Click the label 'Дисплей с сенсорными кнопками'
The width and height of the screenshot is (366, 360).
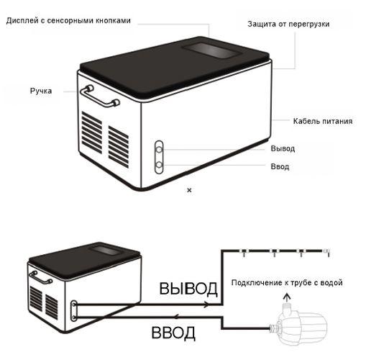[68, 20]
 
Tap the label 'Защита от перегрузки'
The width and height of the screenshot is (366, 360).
[288, 24]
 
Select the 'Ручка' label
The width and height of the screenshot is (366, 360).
[41, 91]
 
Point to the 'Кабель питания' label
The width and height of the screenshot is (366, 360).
[323, 121]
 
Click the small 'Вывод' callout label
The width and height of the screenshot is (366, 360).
[283, 148]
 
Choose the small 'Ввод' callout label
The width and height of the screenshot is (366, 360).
[280, 166]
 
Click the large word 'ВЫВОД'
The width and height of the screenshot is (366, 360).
[188, 288]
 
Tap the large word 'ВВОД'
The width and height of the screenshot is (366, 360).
[173, 333]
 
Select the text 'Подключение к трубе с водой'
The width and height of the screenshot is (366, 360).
[287, 283]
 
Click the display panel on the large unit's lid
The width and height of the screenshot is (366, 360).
[211, 50]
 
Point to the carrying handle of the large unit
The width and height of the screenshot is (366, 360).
[99, 96]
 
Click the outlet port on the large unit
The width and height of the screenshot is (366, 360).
[159, 150]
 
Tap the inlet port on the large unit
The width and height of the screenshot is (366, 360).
[159, 165]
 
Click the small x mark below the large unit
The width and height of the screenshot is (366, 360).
[189, 190]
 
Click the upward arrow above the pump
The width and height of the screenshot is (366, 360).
[287, 297]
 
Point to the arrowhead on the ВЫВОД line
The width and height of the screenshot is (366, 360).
[206, 305]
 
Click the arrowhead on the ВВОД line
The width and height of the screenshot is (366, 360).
[177, 317]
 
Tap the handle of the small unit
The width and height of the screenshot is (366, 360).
[40, 277]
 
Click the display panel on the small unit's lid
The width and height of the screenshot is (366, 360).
[106, 250]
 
